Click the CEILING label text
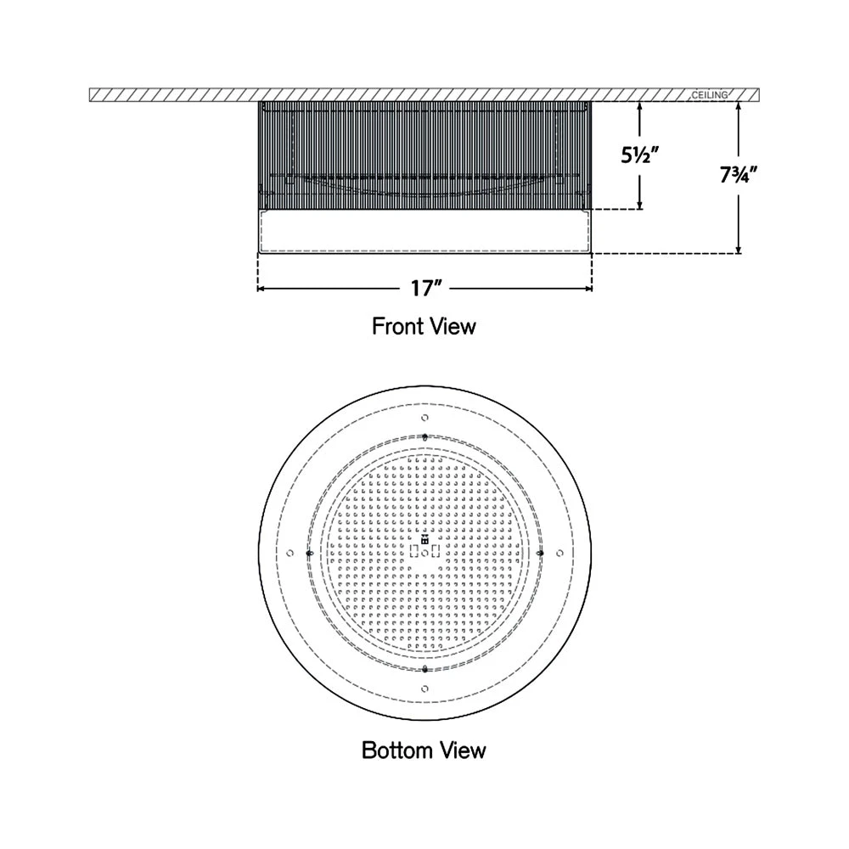click(710, 95)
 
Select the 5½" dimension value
click(640, 156)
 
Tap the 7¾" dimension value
click(739, 175)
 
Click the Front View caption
click(424, 327)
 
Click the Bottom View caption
click(424, 751)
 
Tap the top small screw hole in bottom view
click(425, 418)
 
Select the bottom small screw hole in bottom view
click(425, 689)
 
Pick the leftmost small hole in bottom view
click(290, 553)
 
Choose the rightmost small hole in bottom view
click(559, 553)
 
